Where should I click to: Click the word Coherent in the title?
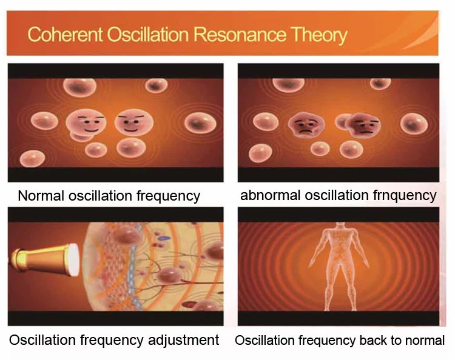click(65, 35)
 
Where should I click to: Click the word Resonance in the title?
click(240, 35)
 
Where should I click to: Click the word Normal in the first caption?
click(41, 196)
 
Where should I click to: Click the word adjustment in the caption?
click(183, 340)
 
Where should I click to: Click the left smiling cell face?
click(86, 122)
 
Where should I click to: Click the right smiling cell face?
click(134, 122)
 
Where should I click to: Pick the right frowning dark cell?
click(363, 125)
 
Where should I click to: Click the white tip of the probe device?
click(73, 260)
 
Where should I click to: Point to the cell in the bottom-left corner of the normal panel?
click(32, 159)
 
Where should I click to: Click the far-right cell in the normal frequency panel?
click(200, 123)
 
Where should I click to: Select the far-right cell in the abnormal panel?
click(414, 124)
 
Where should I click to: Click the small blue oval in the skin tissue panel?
click(165, 238)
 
